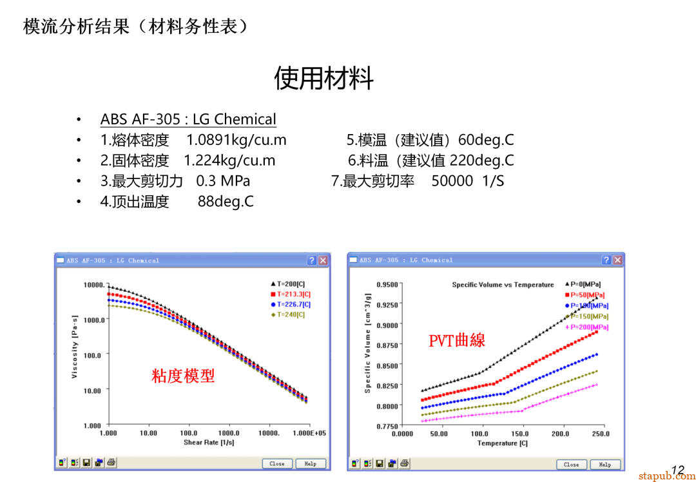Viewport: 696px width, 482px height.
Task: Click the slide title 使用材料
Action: (x=324, y=79)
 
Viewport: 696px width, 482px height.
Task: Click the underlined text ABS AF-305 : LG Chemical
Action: (x=188, y=119)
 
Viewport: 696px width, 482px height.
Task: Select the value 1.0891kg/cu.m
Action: (x=237, y=140)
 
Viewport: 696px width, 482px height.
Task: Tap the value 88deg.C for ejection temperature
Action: (x=226, y=202)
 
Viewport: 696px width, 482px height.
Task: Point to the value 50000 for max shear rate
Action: (x=452, y=181)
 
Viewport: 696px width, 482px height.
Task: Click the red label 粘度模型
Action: (x=183, y=376)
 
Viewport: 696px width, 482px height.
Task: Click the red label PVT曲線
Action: (x=456, y=340)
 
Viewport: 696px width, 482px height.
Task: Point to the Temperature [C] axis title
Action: (x=502, y=443)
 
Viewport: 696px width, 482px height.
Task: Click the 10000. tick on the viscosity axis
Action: (x=93, y=285)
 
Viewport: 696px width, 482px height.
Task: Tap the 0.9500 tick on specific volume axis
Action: (x=387, y=284)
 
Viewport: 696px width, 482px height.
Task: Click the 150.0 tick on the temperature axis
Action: (x=520, y=434)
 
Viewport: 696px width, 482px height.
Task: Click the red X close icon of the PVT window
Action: (x=617, y=260)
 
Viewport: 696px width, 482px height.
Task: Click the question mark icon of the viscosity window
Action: (x=312, y=260)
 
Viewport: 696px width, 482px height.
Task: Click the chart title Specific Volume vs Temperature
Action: (x=503, y=285)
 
